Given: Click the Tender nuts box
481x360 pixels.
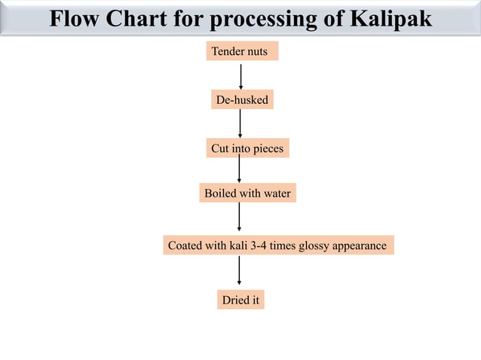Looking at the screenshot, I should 242,51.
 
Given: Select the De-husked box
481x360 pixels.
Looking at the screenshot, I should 242,99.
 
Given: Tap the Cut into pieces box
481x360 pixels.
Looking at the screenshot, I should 247,148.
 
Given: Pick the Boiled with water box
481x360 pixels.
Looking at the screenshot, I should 247,194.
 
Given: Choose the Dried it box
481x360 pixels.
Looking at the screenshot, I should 240,300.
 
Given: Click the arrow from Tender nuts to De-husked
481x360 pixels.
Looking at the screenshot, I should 240,76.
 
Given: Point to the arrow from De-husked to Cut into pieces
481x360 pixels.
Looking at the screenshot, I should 240,124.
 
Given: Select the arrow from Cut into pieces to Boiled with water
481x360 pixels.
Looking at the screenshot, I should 239,170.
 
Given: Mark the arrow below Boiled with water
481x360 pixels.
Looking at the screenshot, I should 239,218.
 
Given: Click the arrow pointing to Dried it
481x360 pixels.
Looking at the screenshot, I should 239,271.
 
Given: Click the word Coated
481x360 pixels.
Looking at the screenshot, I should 184,246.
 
